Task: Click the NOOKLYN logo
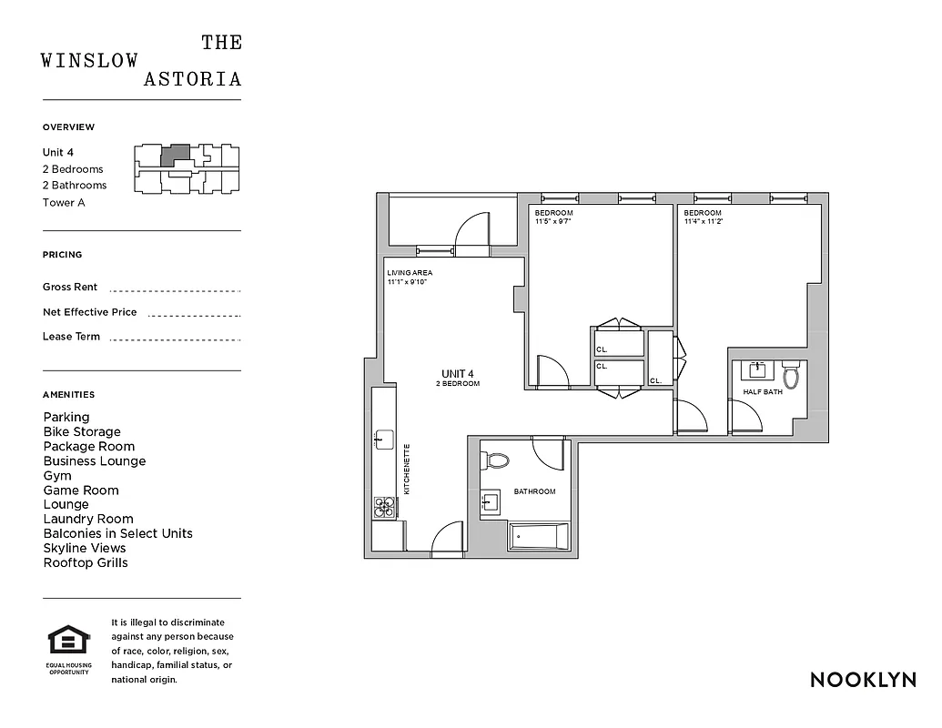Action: point(863,680)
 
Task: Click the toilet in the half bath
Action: point(791,374)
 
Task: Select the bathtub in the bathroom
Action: point(538,536)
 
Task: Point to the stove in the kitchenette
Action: point(384,507)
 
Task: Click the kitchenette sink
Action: point(383,440)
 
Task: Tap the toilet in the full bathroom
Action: point(497,460)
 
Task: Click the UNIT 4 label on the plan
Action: point(458,374)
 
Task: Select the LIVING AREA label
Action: point(409,273)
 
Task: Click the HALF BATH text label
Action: point(763,392)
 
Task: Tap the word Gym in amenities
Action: point(56,475)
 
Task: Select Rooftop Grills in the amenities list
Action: point(86,562)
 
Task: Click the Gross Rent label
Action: point(70,287)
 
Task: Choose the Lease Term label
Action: point(71,337)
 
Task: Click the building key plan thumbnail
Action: point(187,169)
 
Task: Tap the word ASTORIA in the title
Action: point(193,79)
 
